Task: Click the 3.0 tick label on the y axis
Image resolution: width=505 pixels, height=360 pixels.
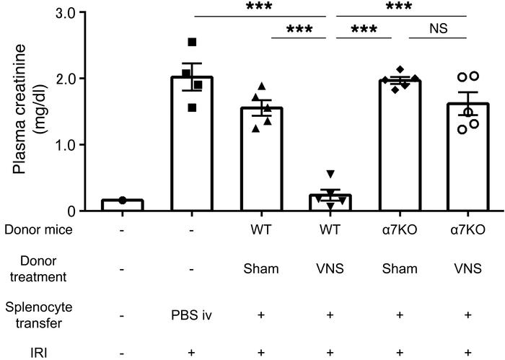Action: [x=75, y=12]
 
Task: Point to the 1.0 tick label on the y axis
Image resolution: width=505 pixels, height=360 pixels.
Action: [x=75, y=145]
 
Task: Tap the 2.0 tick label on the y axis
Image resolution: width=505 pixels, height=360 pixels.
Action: [x=75, y=79]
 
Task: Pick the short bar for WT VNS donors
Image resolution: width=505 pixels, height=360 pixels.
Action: [x=330, y=203]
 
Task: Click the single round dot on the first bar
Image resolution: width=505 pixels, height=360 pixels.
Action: [x=123, y=200]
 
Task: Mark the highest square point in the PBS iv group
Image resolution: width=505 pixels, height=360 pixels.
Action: [x=192, y=42]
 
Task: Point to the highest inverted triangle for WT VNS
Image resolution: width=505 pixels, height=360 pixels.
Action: [x=330, y=174]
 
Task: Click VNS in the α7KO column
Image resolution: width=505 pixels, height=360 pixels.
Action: [x=470, y=268]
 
